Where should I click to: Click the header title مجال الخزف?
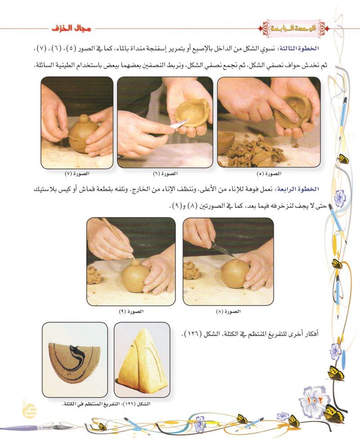[x=72, y=28]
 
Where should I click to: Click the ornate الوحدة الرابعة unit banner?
[x=294, y=28]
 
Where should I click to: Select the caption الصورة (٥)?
[x=269, y=174]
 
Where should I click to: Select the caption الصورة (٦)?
[x=165, y=174]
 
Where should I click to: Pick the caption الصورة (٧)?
[x=77, y=174]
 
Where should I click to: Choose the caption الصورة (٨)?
[x=228, y=312]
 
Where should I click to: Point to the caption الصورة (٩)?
[x=131, y=311]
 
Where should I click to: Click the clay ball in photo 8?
[x=235, y=273]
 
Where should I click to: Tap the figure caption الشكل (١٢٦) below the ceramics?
[x=106, y=404]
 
